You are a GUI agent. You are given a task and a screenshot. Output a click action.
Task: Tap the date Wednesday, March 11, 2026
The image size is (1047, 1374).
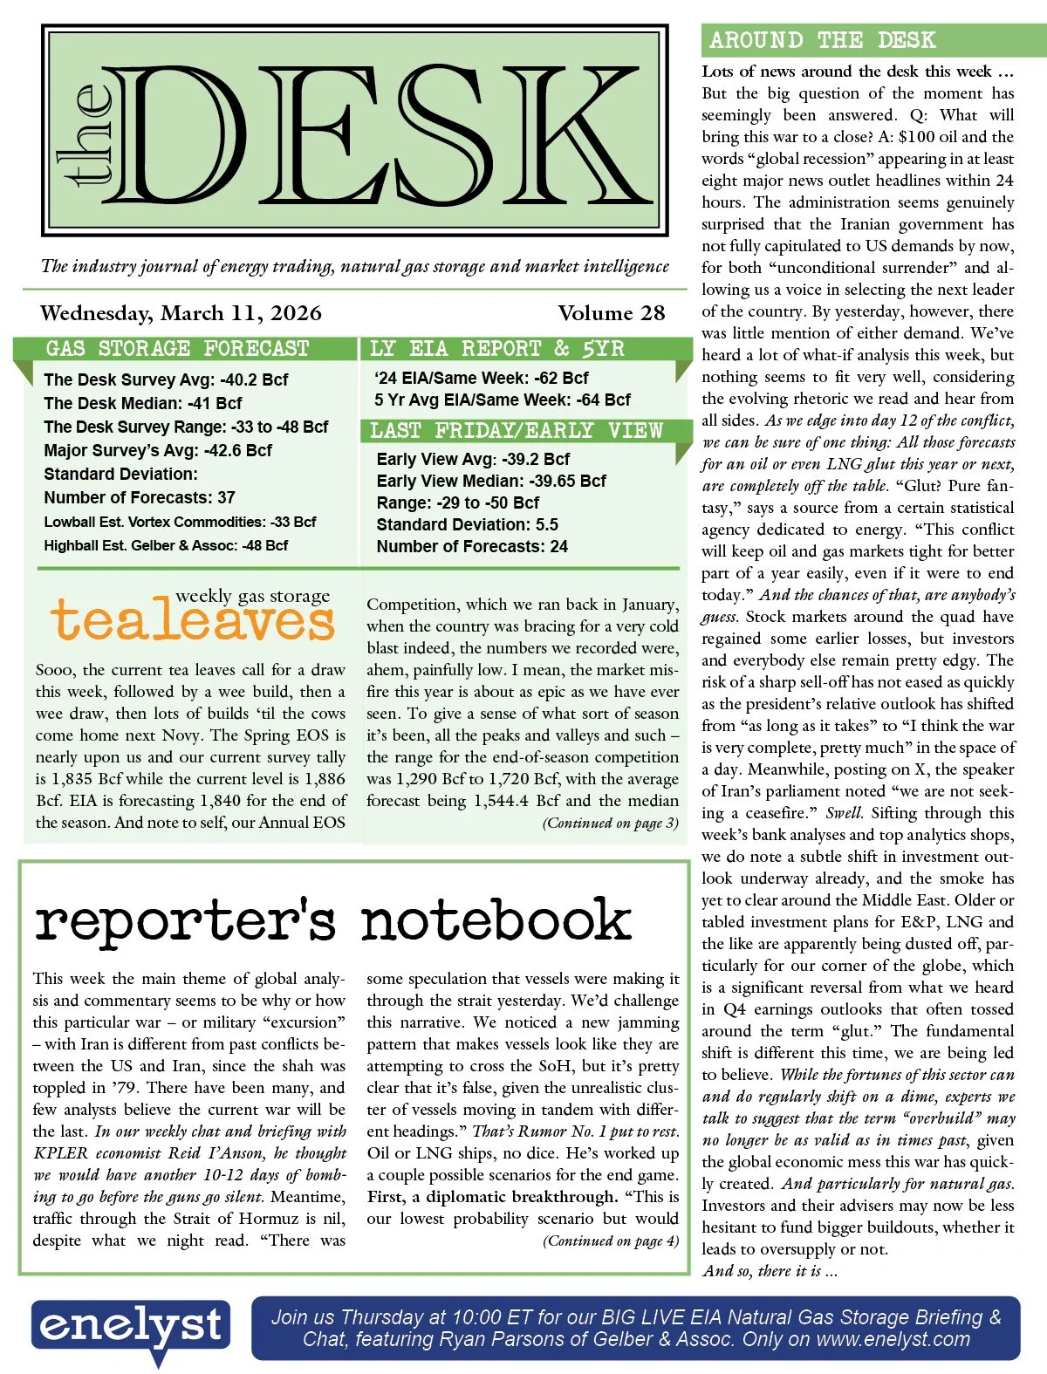(x=181, y=313)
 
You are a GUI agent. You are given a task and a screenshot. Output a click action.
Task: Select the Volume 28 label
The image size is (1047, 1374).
(x=611, y=313)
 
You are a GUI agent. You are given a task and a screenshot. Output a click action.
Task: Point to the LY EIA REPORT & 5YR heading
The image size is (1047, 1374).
(x=497, y=349)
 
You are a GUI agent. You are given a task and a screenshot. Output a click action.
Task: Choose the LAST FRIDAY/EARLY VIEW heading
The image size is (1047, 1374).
(x=517, y=431)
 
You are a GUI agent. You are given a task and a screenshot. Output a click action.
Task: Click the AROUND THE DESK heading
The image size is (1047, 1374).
(x=822, y=40)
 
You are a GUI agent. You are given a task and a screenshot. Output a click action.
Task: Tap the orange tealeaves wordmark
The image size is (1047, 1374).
(x=193, y=620)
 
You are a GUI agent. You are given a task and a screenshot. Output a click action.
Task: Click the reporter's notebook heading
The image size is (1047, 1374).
(x=332, y=919)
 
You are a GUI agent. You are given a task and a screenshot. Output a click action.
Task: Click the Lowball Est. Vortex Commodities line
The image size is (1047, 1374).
(x=180, y=522)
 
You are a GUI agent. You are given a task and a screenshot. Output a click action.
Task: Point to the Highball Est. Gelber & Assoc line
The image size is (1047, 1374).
(x=166, y=545)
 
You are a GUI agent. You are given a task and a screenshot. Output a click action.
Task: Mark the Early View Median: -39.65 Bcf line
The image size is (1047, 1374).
(x=491, y=481)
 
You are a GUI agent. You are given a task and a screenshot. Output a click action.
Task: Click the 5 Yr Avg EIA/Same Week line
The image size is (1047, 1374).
(x=502, y=400)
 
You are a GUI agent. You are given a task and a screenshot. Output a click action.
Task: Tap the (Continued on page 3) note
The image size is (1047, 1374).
(x=610, y=823)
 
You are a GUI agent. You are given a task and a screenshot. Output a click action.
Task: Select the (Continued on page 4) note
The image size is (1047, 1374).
(x=610, y=1241)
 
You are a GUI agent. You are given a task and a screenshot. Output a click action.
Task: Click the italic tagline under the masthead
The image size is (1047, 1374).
(x=355, y=266)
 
